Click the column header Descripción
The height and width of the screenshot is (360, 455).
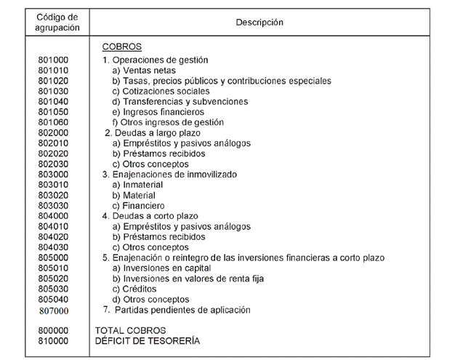point(259,23)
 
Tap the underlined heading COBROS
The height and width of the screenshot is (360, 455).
point(121,48)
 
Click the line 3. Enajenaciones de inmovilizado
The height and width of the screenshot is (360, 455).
point(169,175)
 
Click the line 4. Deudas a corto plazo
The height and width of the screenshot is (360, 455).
point(150,216)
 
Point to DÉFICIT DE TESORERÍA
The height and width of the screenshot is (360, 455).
point(146,340)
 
